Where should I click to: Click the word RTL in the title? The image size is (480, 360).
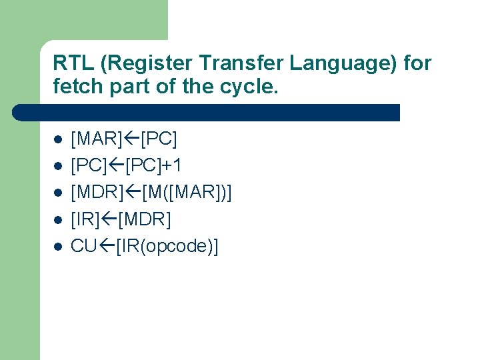69,63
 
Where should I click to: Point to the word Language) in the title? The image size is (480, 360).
322,64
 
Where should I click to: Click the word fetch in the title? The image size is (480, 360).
75,86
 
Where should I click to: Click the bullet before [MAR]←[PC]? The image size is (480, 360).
58,140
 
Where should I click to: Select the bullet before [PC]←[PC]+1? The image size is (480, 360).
58,167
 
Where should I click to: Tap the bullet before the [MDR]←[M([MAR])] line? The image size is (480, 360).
58,193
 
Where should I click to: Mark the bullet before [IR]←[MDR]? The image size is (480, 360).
58,220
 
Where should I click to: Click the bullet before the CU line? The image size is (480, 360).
58,247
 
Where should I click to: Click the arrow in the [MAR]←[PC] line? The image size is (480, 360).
131,139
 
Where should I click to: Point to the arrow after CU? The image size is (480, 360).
107,246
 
